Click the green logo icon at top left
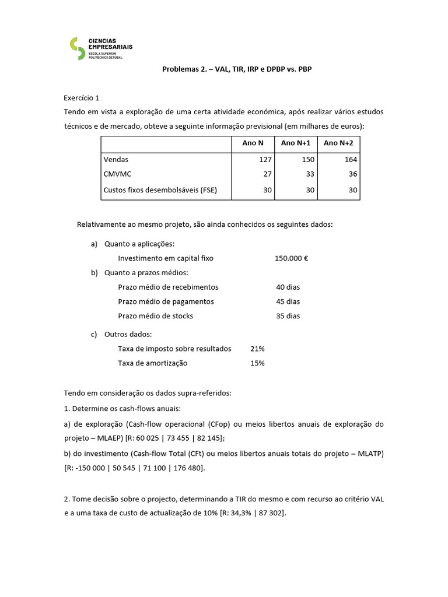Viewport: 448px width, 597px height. click(x=76, y=48)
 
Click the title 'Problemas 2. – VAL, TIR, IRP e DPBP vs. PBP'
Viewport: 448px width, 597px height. click(x=240, y=69)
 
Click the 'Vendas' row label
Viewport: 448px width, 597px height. click(x=116, y=159)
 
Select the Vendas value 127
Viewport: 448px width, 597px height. click(x=265, y=159)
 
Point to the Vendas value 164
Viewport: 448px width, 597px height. click(x=351, y=159)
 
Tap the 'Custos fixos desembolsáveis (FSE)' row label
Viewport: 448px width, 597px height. click(x=160, y=189)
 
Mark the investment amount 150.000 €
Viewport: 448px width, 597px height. click(x=291, y=258)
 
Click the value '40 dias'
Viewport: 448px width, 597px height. click(x=288, y=287)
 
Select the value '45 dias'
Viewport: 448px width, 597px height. click(x=288, y=301)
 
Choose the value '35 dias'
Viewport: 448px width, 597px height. click(x=288, y=316)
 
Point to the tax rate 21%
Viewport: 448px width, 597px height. click(x=257, y=349)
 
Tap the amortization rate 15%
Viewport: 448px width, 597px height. click(x=257, y=363)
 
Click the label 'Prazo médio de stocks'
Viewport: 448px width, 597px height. click(x=155, y=316)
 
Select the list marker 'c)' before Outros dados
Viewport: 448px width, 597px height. click(x=94, y=334)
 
